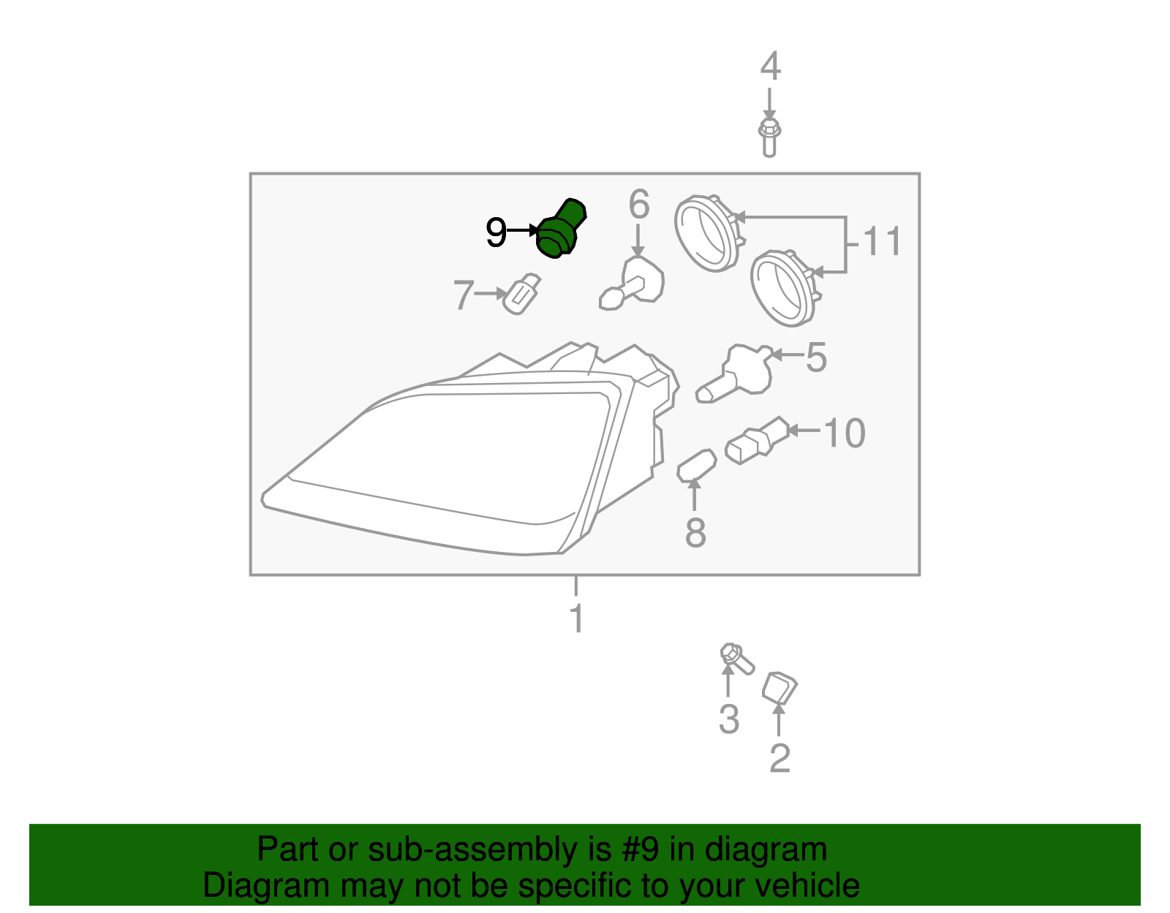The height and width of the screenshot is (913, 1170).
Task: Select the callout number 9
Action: (496, 233)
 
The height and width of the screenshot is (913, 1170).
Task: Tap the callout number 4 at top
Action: (770, 67)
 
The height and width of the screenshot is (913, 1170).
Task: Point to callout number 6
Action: (638, 205)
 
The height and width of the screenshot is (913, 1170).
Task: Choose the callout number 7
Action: (464, 295)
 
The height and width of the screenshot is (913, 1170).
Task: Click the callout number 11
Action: (882, 242)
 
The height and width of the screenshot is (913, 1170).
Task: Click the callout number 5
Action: (816, 358)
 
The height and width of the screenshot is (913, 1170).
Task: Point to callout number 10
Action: (845, 433)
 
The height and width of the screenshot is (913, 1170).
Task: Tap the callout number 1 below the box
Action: (577, 619)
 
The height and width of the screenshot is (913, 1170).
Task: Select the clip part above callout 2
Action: (779, 687)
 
